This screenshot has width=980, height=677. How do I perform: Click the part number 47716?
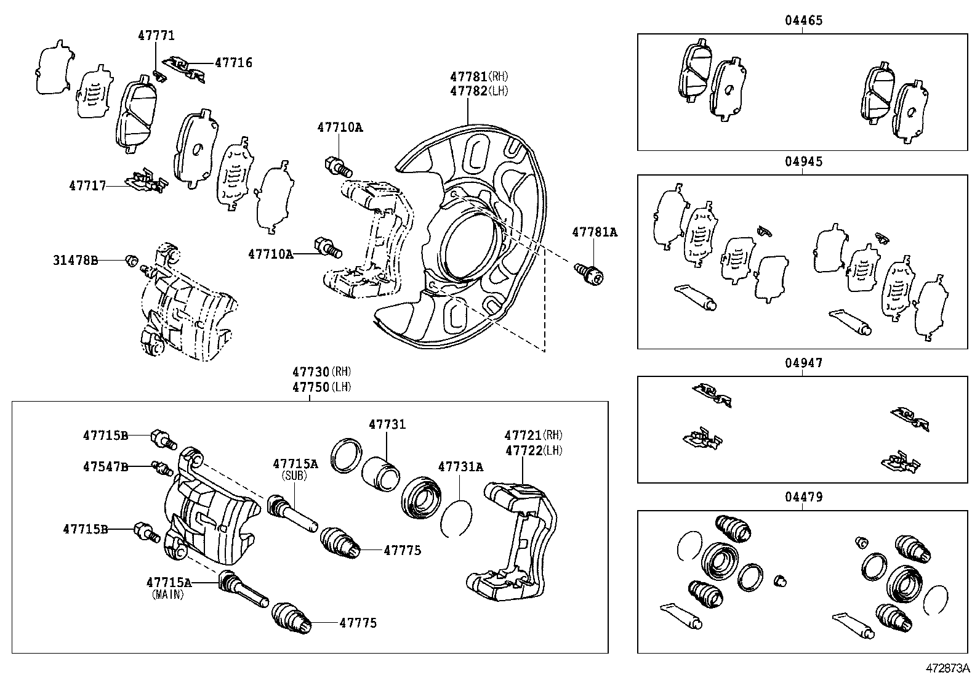(233, 63)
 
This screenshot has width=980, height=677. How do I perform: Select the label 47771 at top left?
(156, 36)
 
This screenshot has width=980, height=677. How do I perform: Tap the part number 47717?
(87, 185)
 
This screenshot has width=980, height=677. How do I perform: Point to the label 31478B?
(75, 261)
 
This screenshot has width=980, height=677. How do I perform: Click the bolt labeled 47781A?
(589, 273)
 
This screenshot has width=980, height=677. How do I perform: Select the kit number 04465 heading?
(803, 20)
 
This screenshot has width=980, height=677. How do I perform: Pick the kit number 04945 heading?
(803, 161)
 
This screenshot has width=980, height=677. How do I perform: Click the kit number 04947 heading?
(803, 363)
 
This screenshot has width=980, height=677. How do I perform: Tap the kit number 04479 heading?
(803, 497)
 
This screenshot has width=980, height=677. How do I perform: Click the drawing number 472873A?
(946, 668)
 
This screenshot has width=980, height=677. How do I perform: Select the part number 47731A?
(460, 467)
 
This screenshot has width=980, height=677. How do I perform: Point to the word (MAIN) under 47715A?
(168, 595)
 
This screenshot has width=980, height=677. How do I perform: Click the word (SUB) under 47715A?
(295, 476)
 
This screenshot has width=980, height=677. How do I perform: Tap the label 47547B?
(106, 467)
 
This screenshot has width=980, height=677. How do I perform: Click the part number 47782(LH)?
(480, 91)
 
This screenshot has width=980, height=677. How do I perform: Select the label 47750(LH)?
(321, 387)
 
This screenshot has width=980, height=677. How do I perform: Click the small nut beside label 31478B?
(131, 260)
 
